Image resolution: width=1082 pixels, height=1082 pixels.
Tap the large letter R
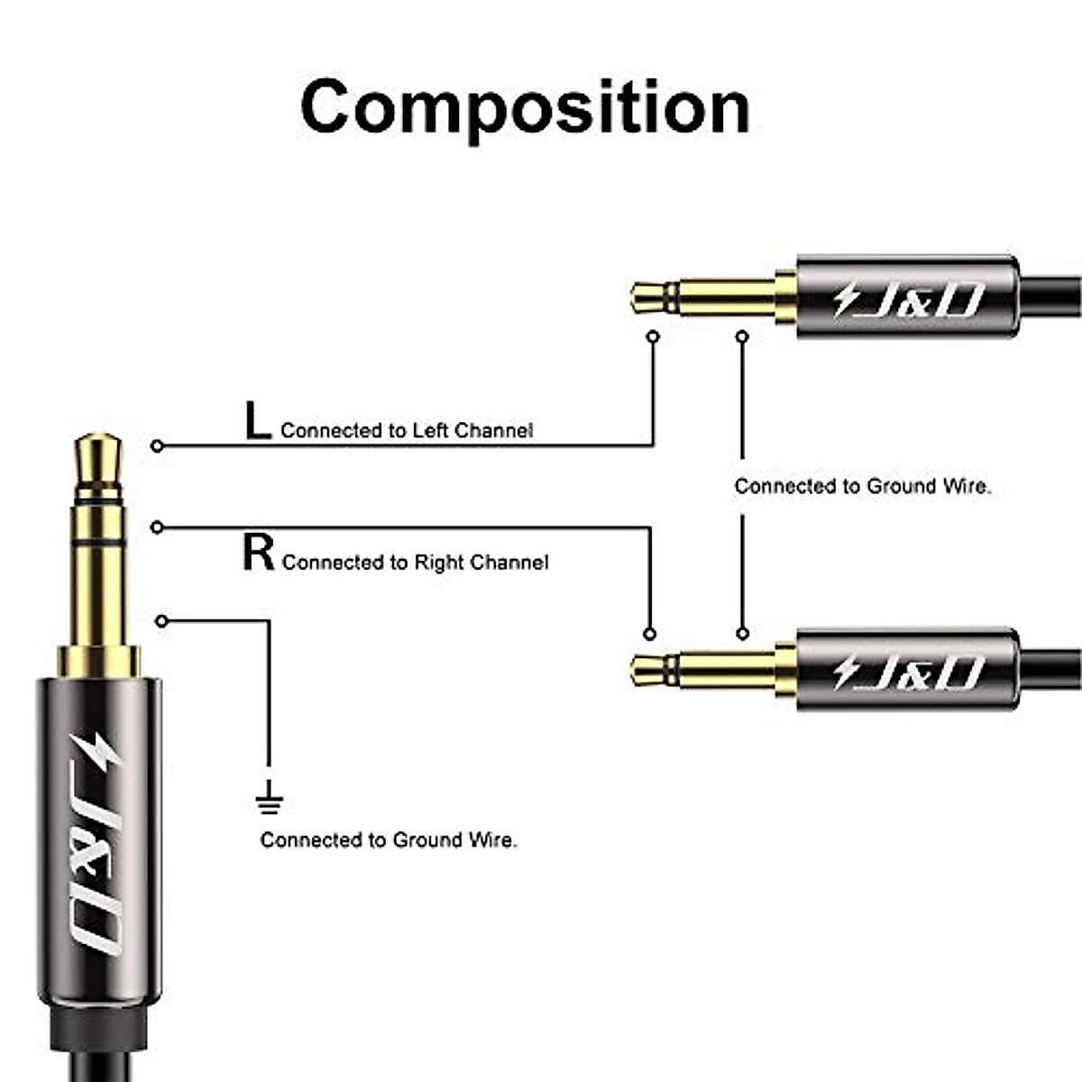point(259,553)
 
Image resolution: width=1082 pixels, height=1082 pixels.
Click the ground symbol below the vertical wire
point(269,797)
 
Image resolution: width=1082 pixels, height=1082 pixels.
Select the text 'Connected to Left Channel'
point(407,431)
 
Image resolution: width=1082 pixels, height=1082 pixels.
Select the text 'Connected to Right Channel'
point(415,563)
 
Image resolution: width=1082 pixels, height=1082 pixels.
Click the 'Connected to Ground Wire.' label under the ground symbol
point(389,840)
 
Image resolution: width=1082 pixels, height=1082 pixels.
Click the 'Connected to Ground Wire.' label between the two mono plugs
point(863,487)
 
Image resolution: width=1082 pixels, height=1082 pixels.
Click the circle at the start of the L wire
point(158,445)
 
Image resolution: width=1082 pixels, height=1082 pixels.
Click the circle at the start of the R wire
point(158,527)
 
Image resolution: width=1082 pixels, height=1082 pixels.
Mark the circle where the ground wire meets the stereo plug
point(161,621)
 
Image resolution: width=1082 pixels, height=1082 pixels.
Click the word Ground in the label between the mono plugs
point(902,487)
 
